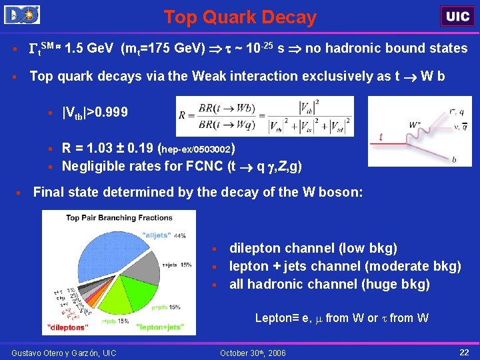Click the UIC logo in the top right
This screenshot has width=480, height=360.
pos(457,16)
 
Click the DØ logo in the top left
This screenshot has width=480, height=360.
pos(21,15)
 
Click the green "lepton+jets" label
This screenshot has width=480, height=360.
pos(160,327)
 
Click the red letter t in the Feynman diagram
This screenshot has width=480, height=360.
pos(381,137)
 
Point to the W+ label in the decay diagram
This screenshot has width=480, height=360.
pos(414,125)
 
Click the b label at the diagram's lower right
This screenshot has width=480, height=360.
pos(454,160)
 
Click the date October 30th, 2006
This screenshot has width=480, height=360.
pos(253,352)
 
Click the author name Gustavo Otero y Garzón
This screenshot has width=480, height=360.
pos(63,352)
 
